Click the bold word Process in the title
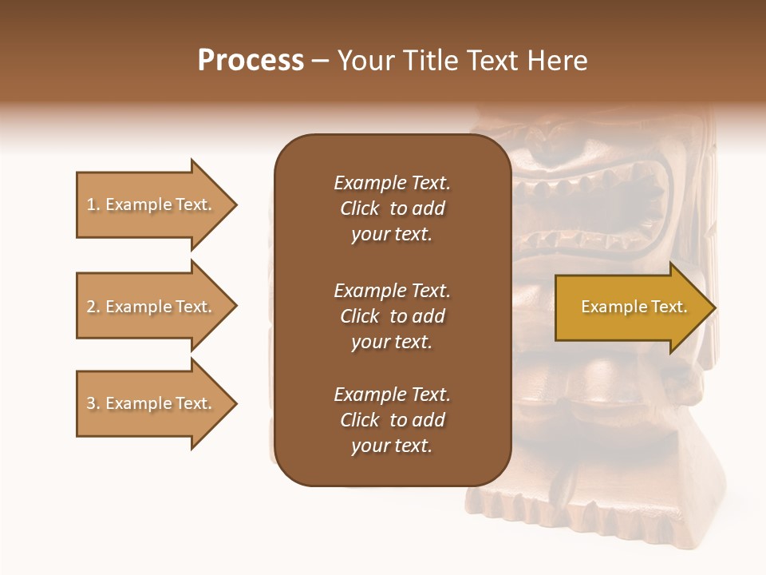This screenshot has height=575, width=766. (251, 61)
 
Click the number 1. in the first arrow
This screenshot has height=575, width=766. (93, 205)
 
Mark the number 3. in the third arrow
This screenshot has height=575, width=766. (93, 404)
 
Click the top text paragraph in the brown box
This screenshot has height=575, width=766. (392, 208)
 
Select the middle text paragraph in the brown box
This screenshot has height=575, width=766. (392, 316)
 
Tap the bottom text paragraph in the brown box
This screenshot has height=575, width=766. (392, 420)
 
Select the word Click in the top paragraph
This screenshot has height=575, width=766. (360, 209)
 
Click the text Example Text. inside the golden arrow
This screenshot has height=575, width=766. (634, 307)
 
